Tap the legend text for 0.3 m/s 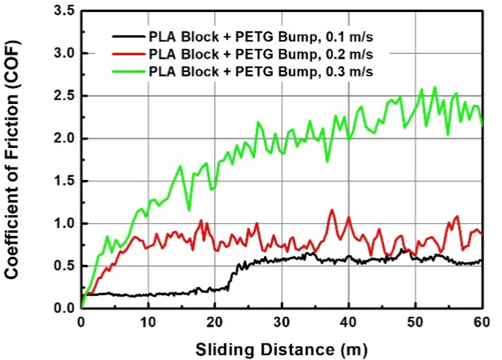[x=262, y=71]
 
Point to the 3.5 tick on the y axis [x=62, y=11]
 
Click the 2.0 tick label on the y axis [x=62, y=139]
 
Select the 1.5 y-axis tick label [x=62, y=181]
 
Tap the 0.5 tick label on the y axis [x=62, y=266]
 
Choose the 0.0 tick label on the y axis [x=62, y=308]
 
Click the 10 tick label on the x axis [x=148, y=322]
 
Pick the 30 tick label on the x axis [x=281, y=322]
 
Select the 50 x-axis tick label [x=415, y=322]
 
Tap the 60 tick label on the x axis [x=481, y=322]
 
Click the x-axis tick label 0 [x=82, y=322]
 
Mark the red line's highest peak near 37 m [x=331, y=210]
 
